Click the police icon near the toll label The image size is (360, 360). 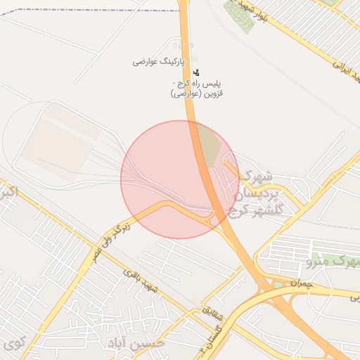(195, 72)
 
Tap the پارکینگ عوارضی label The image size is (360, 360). (158, 62)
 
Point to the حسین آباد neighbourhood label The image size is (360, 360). (136, 342)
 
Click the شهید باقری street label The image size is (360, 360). (140, 279)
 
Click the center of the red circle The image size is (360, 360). (180, 179)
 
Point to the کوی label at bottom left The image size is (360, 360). (14, 345)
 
